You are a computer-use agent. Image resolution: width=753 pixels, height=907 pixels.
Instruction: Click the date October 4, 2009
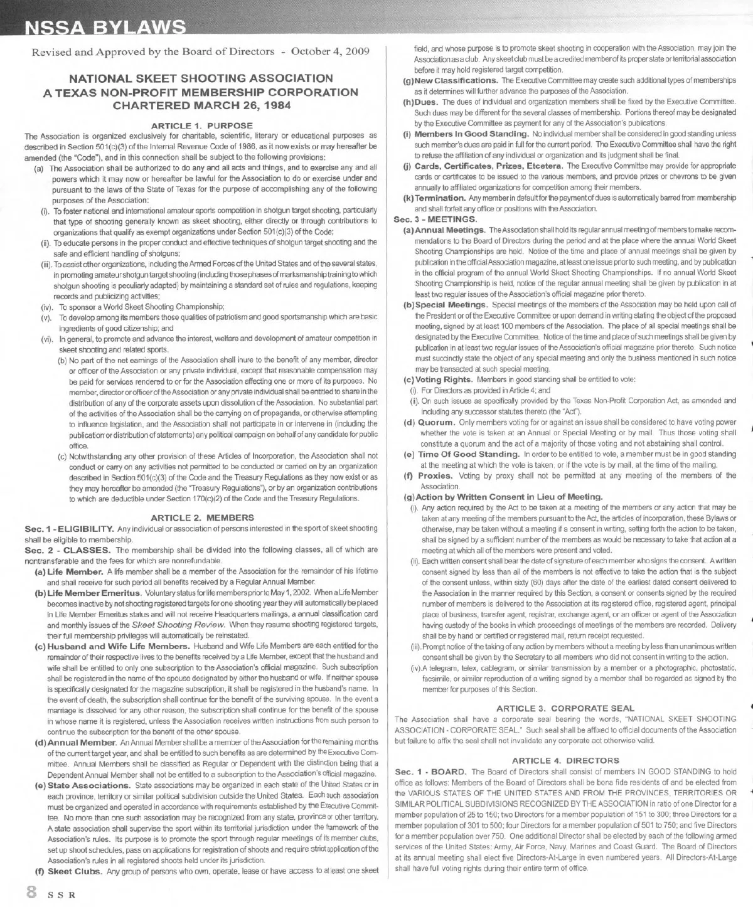330,51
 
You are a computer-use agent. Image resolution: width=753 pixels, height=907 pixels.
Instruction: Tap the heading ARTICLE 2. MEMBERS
203,517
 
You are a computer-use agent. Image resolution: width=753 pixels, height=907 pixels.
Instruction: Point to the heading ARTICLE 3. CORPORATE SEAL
565,708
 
